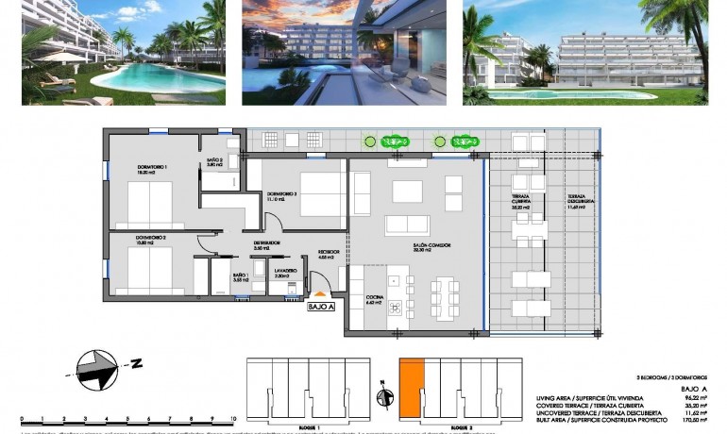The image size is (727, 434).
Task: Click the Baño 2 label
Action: coord(214,162)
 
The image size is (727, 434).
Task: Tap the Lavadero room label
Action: coord(286,271)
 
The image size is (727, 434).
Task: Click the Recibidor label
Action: coord(328,252)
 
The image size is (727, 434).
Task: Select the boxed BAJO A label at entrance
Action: coord(322,306)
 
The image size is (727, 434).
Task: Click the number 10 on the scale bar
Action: coord(232,416)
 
